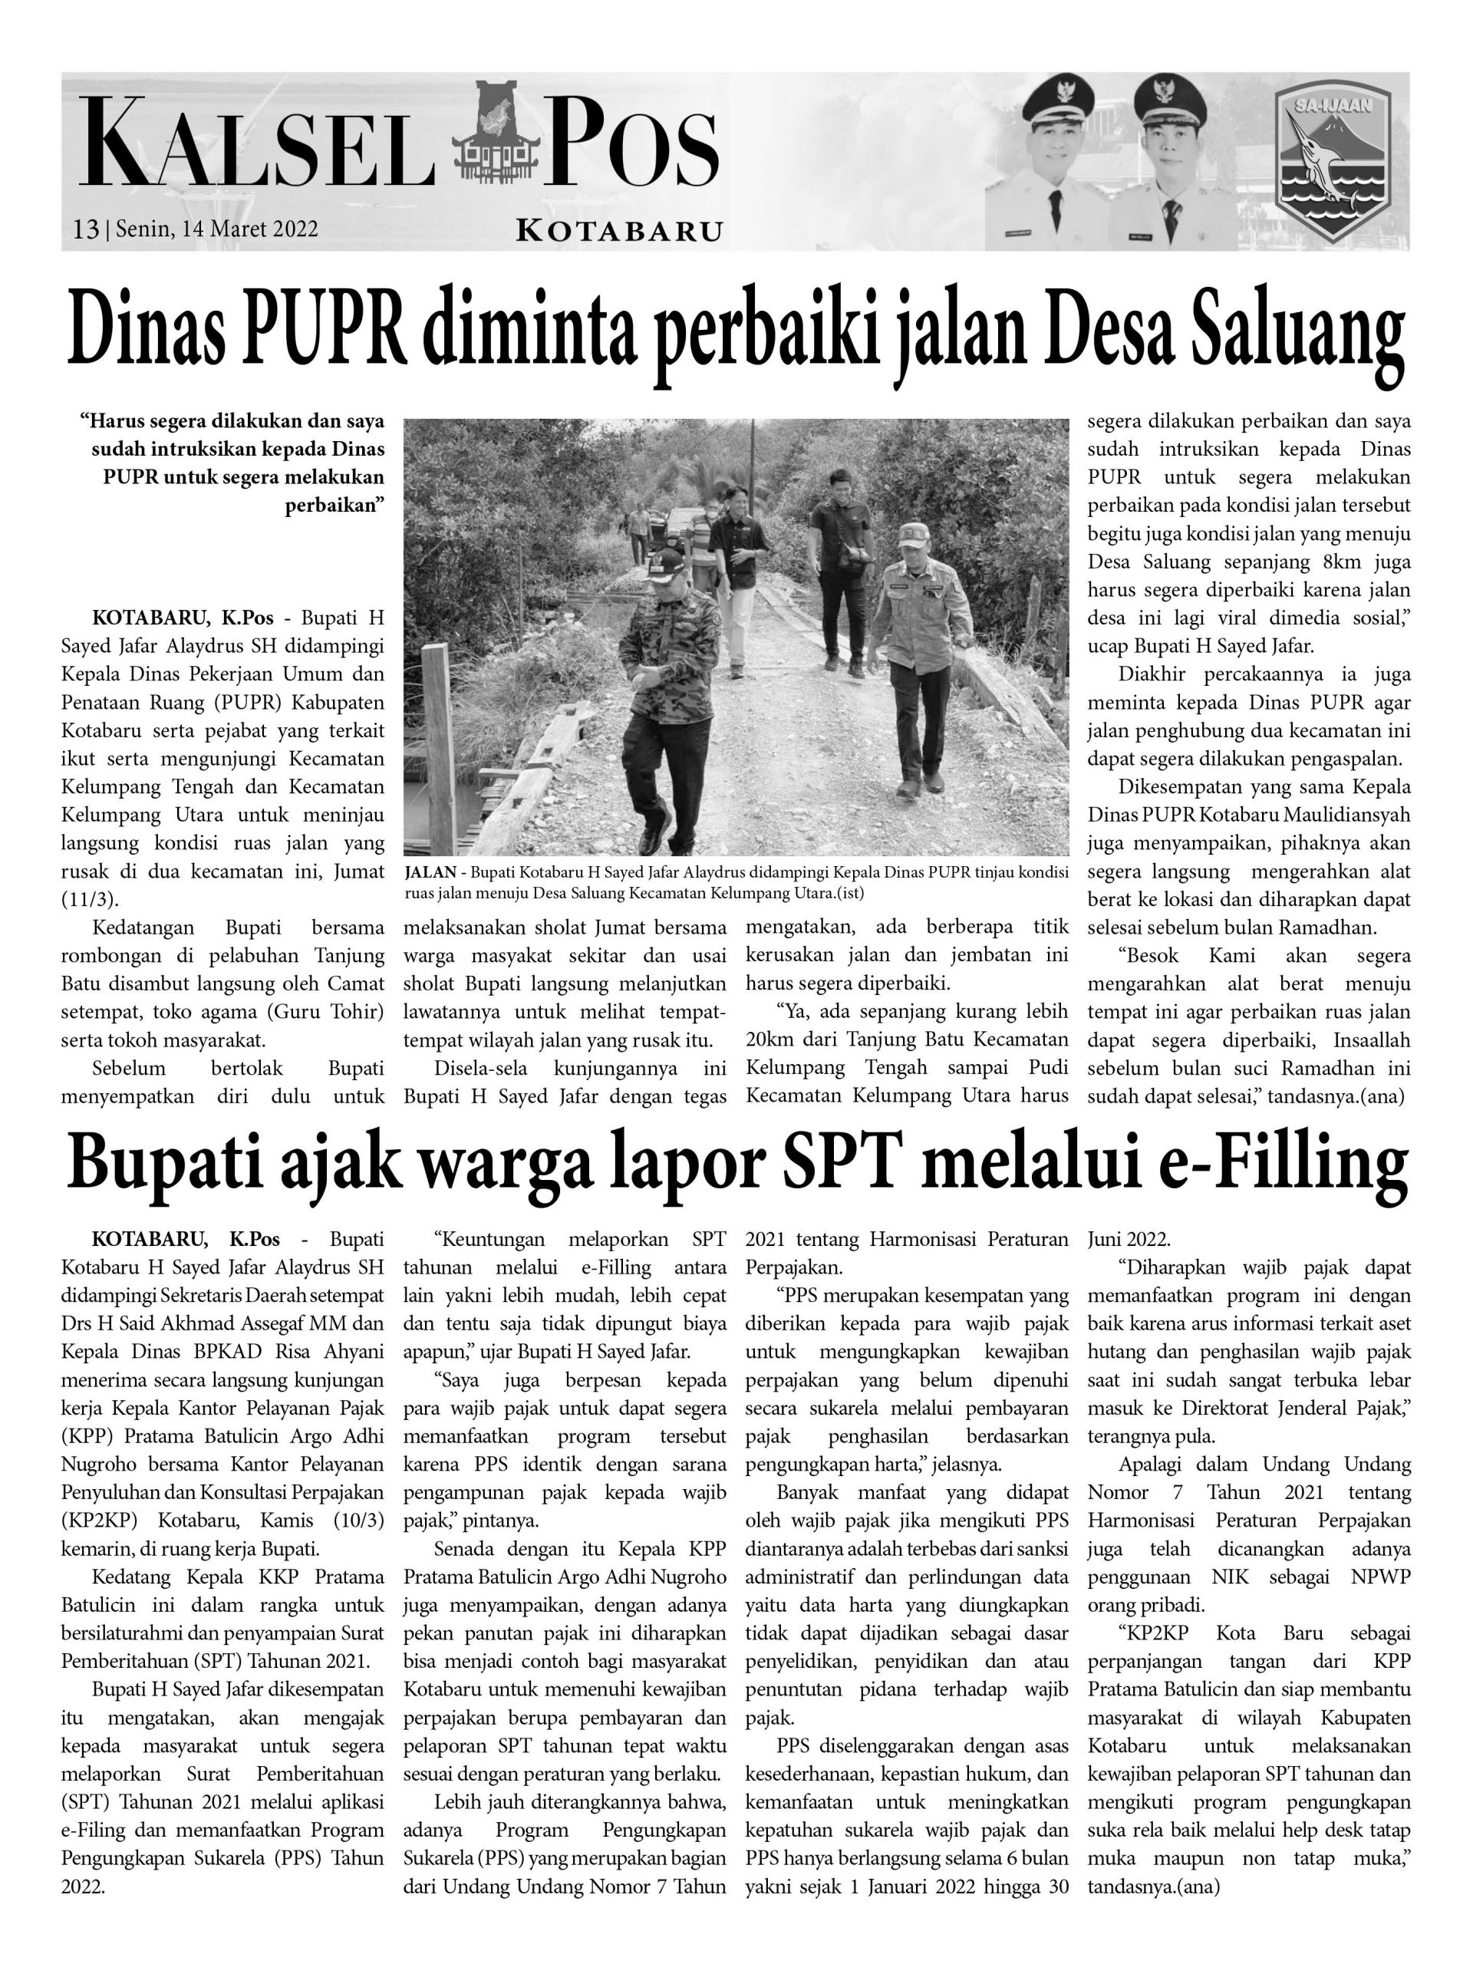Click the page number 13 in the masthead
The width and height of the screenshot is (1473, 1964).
[85, 229]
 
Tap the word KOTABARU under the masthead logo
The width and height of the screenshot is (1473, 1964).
[619, 232]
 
